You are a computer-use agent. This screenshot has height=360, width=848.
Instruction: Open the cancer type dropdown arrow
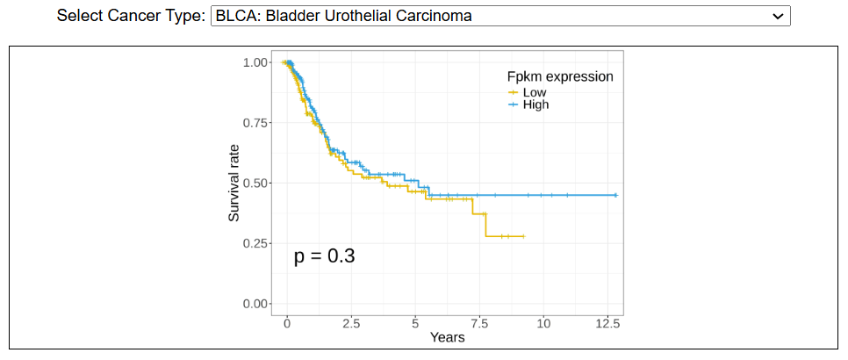[776, 16]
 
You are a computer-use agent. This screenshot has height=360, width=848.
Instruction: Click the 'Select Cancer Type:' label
[132, 16]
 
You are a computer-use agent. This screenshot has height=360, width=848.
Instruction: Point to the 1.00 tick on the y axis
[256, 62]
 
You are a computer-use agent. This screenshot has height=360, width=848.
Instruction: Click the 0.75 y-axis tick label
[256, 123]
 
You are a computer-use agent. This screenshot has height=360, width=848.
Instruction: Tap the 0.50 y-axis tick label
[256, 184]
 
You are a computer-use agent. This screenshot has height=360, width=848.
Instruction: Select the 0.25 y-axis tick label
[256, 243]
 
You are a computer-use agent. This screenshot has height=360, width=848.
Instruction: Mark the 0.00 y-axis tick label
[256, 304]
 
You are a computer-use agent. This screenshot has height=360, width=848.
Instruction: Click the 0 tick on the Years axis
[287, 323]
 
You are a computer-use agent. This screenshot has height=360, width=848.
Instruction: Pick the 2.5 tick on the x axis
[351, 323]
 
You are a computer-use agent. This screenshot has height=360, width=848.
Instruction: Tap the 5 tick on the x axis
[415, 323]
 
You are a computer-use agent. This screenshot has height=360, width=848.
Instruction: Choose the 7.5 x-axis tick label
[479, 323]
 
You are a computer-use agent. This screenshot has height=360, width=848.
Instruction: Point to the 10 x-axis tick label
[543, 323]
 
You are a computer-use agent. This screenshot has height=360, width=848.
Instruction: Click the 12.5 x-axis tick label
[607, 323]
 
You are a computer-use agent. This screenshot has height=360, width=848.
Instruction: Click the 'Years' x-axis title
[447, 337]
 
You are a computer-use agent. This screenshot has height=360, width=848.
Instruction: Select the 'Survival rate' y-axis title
[234, 183]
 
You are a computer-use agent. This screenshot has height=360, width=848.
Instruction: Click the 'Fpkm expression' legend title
[558, 76]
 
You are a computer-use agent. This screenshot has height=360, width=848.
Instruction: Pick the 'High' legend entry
[535, 104]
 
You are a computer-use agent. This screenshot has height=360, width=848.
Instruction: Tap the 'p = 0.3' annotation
[324, 256]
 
